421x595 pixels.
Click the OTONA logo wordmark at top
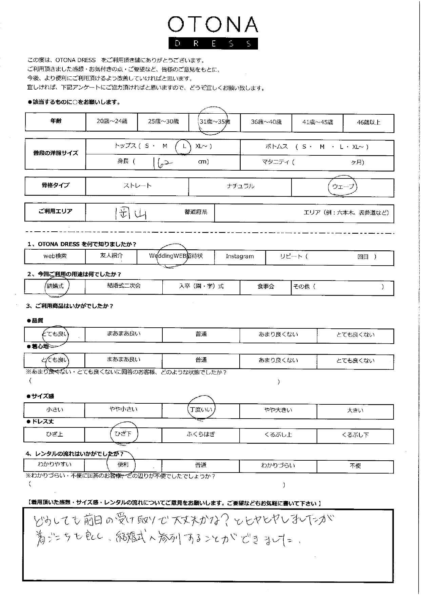pyautogui.click(x=213, y=25)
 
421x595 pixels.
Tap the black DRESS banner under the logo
pyautogui.click(x=213, y=43)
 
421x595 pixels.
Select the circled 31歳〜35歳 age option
pyautogui.click(x=215, y=121)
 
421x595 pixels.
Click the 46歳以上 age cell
pyautogui.click(x=368, y=122)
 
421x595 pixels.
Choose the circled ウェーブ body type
pyautogui.click(x=343, y=187)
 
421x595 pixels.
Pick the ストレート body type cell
pyautogui.click(x=137, y=186)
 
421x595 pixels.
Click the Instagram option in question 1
pyautogui.click(x=240, y=256)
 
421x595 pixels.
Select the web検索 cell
pyautogui.click(x=55, y=256)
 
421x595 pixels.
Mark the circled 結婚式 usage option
pyautogui.click(x=55, y=286)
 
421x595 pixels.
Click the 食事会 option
pyautogui.click(x=265, y=287)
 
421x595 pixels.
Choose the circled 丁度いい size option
pyautogui.click(x=201, y=410)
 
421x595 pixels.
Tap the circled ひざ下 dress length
pyautogui.click(x=123, y=434)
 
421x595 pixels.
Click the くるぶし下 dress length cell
pyautogui.click(x=355, y=435)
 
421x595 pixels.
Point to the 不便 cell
pyautogui.click(x=355, y=466)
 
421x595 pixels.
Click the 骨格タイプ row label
pyautogui.click(x=56, y=185)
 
